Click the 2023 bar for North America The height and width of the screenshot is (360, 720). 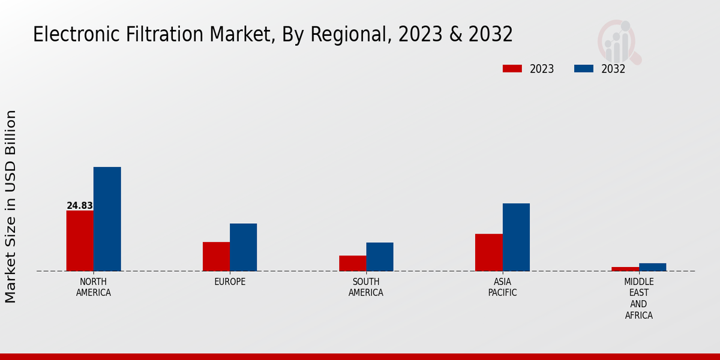coord(80,241)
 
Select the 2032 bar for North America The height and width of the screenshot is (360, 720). coord(107,219)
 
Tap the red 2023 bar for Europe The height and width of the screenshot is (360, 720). coord(216,256)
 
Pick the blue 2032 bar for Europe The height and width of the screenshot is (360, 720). coord(243,247)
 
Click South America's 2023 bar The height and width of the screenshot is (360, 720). coord(352,263)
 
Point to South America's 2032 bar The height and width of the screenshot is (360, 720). coord(380,257)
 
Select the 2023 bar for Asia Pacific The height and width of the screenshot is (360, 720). coord(488,252)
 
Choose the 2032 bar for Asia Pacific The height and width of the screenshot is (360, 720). coord(516,237)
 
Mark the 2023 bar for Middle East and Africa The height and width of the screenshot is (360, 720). coord(625,269)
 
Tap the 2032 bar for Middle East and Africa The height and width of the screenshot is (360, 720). coord(652,267)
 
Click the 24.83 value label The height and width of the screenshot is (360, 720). coord(80,206)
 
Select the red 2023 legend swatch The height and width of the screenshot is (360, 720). coord(512,68)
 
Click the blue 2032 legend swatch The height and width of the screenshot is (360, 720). coord(583,68)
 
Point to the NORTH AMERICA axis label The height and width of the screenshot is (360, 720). coord(94,287)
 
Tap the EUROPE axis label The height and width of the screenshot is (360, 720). coord(230,282)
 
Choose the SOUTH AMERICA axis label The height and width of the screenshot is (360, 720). coord(366,287)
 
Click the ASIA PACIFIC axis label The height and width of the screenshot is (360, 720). coord(502,287)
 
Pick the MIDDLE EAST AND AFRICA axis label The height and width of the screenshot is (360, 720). coord(638,299)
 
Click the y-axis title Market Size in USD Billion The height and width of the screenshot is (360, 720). coord(11,206)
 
